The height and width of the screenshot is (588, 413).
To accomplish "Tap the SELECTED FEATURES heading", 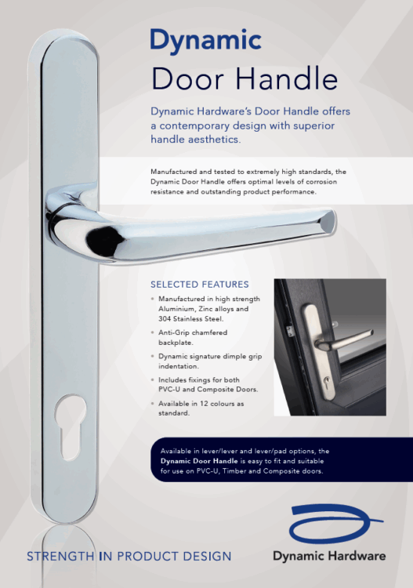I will (200, 285).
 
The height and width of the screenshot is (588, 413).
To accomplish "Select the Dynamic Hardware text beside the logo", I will (329, 556).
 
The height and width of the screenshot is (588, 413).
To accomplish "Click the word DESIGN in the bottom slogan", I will (207, 557).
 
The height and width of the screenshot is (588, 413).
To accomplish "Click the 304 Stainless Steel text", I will (191, 319).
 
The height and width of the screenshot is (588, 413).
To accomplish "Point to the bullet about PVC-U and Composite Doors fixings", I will (208, 385).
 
